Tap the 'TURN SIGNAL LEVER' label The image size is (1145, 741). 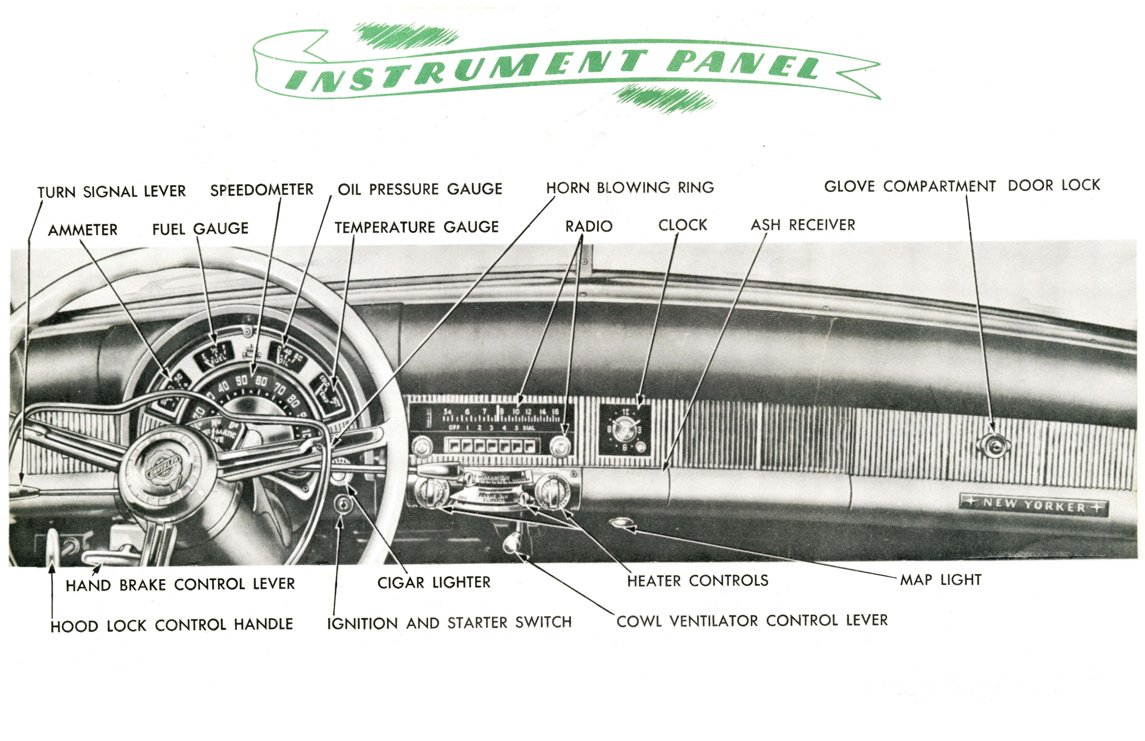[x=112, y=192]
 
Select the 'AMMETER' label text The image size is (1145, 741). [x=83, y=230]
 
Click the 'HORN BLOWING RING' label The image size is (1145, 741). [x=630, y=188]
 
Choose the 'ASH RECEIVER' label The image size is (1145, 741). [x=803, y=225]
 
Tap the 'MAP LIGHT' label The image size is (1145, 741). [x=940, y=580]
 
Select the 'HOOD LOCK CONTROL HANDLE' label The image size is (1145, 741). [x=172, y=625]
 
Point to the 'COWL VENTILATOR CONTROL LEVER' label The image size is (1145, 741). [x=752, y=621]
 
